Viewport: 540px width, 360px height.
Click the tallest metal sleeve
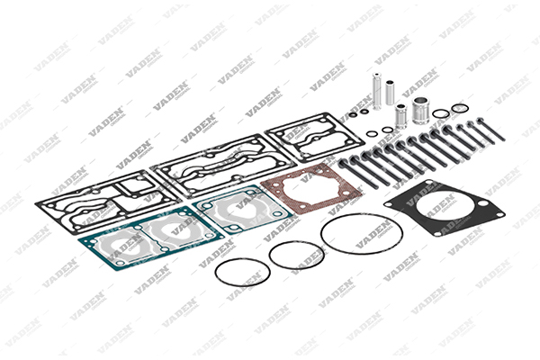377,91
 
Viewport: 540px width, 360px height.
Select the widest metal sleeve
421,110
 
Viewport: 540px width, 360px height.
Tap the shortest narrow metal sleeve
400,116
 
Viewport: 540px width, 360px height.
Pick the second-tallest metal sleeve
390,93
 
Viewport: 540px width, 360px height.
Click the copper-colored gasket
311,188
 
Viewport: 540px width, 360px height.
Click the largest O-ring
362,234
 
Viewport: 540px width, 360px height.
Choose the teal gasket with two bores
151,238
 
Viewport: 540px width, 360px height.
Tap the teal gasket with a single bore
243,210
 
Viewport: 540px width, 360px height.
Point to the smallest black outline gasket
314,137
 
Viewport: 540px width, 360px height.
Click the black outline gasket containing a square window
108,202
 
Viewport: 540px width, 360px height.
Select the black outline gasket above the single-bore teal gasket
224,166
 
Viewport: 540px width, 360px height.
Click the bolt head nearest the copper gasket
344,163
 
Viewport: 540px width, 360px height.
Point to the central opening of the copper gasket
310,188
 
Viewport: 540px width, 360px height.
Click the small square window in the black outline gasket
135,185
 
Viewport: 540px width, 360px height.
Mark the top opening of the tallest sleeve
377,75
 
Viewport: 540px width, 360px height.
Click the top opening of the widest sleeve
421,101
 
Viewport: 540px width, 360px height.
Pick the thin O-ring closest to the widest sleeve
440,113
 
